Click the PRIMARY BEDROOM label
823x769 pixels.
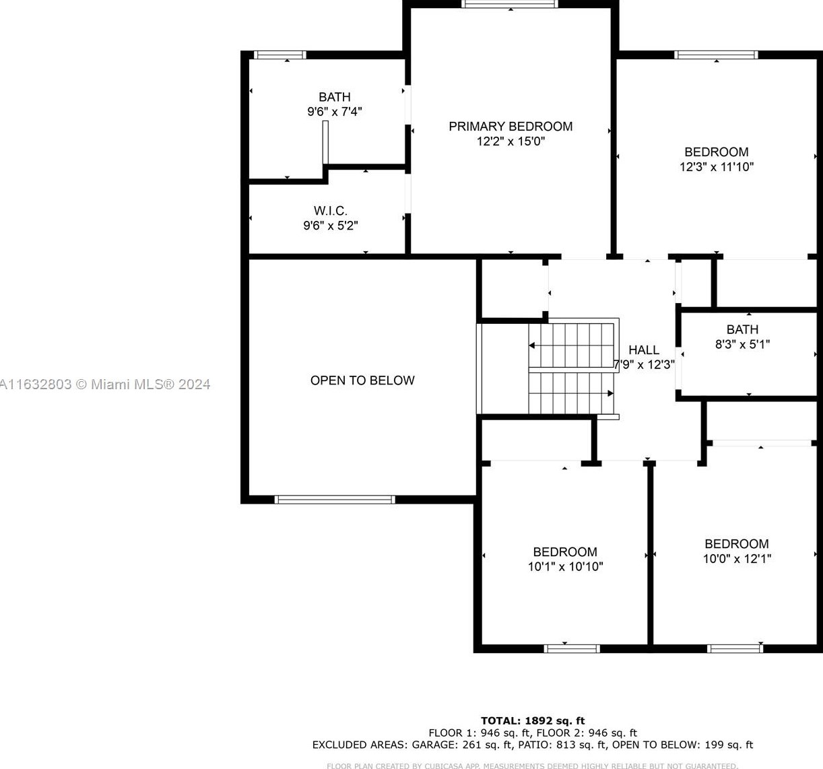(511, 127)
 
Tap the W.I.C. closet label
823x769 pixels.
(330, 211)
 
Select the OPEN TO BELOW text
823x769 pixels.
(362, 380)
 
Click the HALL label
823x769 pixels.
(644, 350)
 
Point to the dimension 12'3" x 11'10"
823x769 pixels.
(717, 167)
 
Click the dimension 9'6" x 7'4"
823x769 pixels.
(335, 112)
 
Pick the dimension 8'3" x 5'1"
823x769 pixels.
(742, 344)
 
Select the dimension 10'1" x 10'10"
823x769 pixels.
(565, 566)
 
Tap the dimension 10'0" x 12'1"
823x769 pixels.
(737, 558)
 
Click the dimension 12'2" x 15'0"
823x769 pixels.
(511, 141)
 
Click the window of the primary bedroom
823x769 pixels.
(510, 4)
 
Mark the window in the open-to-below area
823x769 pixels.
(335, 500)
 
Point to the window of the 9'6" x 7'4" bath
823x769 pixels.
(280, 55)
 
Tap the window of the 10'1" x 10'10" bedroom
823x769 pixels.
(572, 648)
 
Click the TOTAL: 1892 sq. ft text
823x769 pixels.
(533, 721)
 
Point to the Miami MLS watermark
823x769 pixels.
(105, 384)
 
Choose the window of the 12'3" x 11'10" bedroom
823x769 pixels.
(716, 55)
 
